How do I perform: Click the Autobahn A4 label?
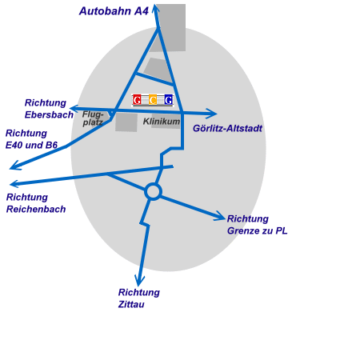pos(114,11)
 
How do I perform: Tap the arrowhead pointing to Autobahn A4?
pos(156,9)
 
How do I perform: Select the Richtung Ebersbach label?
pos(49,109)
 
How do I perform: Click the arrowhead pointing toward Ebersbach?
pos(74,109)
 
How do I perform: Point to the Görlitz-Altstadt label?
pos(227,128)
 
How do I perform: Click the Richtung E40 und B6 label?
pos(31,139)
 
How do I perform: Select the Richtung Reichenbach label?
pos(36,203)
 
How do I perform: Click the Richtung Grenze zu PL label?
pos(258,225)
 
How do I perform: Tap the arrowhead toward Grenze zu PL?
pos(220,216)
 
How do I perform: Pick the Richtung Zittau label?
pos(139,298)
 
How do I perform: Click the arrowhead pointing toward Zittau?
pos(139,281)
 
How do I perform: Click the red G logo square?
pos(137,100)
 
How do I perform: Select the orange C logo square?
pos(153,100)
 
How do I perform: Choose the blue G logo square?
pos(169,100)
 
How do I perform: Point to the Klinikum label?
pos(162,122)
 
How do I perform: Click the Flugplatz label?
pos(93,118)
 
